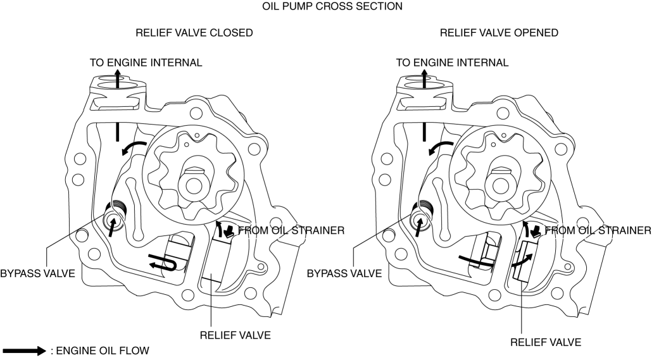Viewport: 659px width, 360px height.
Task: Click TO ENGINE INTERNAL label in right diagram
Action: point(452,63)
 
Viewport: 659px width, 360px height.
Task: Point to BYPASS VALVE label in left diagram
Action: point(37,273)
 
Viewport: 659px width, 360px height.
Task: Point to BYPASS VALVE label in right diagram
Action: point(344,273)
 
